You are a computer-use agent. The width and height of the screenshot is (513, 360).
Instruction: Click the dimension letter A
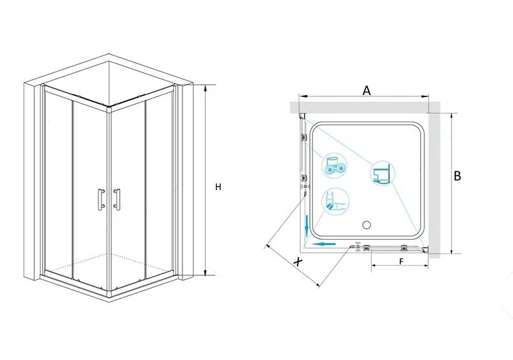click(x=367, y=90)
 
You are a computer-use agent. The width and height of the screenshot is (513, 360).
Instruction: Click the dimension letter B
click(x=457, y=176)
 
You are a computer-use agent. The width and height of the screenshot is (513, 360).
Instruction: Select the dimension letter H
click(x=218, y=187)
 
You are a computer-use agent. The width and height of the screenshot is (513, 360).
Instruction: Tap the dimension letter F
click(x=402, y=262)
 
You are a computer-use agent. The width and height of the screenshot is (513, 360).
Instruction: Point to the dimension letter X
click(x=298, y=262)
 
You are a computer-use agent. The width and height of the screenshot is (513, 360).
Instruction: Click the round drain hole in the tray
click(x=366, y=225)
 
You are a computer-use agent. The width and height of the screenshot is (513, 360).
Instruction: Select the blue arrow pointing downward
click(x=307, y=226)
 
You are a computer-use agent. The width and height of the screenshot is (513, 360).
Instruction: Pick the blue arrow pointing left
click(x=323, y=244)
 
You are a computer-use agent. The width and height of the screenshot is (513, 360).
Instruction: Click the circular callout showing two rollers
click(x=334, y=167)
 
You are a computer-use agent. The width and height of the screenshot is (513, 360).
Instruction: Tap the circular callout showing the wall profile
click(x=382, y=173)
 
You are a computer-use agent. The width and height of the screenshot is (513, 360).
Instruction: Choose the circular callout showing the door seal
click(x=335, y=201)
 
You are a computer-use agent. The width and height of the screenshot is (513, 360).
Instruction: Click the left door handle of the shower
click(x=101, y=198)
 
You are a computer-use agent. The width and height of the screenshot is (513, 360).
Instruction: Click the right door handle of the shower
click(x=116, y=198)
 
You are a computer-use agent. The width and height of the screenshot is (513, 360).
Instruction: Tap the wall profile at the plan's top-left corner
click(x=302, y=116)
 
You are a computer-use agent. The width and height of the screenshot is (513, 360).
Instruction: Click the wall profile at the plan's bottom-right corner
click(x=425, y=250)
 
